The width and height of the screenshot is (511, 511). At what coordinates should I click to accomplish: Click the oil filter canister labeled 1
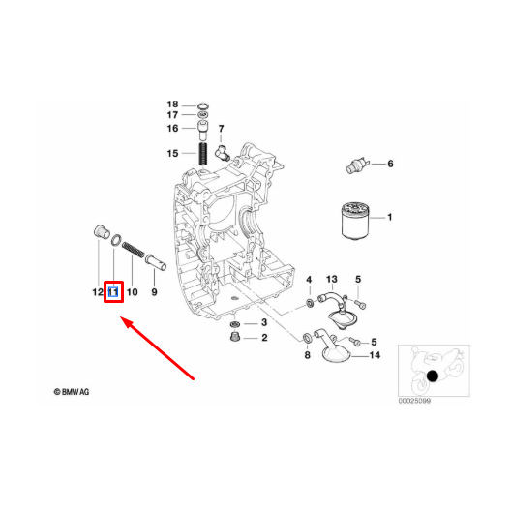pyautogui.click(x=355, y=221)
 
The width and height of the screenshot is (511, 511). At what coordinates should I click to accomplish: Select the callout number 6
pyautogui.click(x=390, y=164)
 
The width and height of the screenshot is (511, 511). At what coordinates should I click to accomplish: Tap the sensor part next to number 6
pyautogui.click(x=357, y=165)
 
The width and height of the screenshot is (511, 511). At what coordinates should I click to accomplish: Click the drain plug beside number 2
pyautogui.click(x=234, y=337)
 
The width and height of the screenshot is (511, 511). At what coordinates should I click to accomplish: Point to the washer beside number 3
pyautogui.click(x=234, y=324)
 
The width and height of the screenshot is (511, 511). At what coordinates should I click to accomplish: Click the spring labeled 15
pyautogui.click(x=203, y=154)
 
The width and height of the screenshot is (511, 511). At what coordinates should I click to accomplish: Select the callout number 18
pyautogui.click(x=172, y=105)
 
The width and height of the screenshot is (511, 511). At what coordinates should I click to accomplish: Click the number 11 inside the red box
pyautogui.click(x=113, y=292)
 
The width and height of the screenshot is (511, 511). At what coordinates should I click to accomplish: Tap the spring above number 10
pyautogui.click(x=134, y=250)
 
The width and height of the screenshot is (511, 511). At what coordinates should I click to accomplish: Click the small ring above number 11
pyautogui.click(x=117, y=240)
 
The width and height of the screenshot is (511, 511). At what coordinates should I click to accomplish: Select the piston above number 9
pyautogui.click(x=156, y=262)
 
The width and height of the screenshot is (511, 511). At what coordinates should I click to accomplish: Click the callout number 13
pyautogui.click(x=331, y=279)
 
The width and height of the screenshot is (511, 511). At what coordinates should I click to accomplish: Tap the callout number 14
pyautogui.click(x=375, y=355)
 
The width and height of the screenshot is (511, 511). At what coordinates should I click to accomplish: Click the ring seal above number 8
pyautogui.click(x=307, y=339)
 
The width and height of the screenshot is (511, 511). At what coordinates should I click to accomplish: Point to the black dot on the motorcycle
pyautogui.click(x=433, y=376)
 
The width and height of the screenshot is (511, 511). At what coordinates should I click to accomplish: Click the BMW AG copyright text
pyautogui.click(x=72, y=392)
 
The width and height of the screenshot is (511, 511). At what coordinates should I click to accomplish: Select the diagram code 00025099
pyautogui.click(x=414, y=401)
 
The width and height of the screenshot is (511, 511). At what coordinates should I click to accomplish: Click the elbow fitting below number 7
pyautogui.click(x=223, y=152)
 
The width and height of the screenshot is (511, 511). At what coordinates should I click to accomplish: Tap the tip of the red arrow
pyautogui.click(x=121, y=316)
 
